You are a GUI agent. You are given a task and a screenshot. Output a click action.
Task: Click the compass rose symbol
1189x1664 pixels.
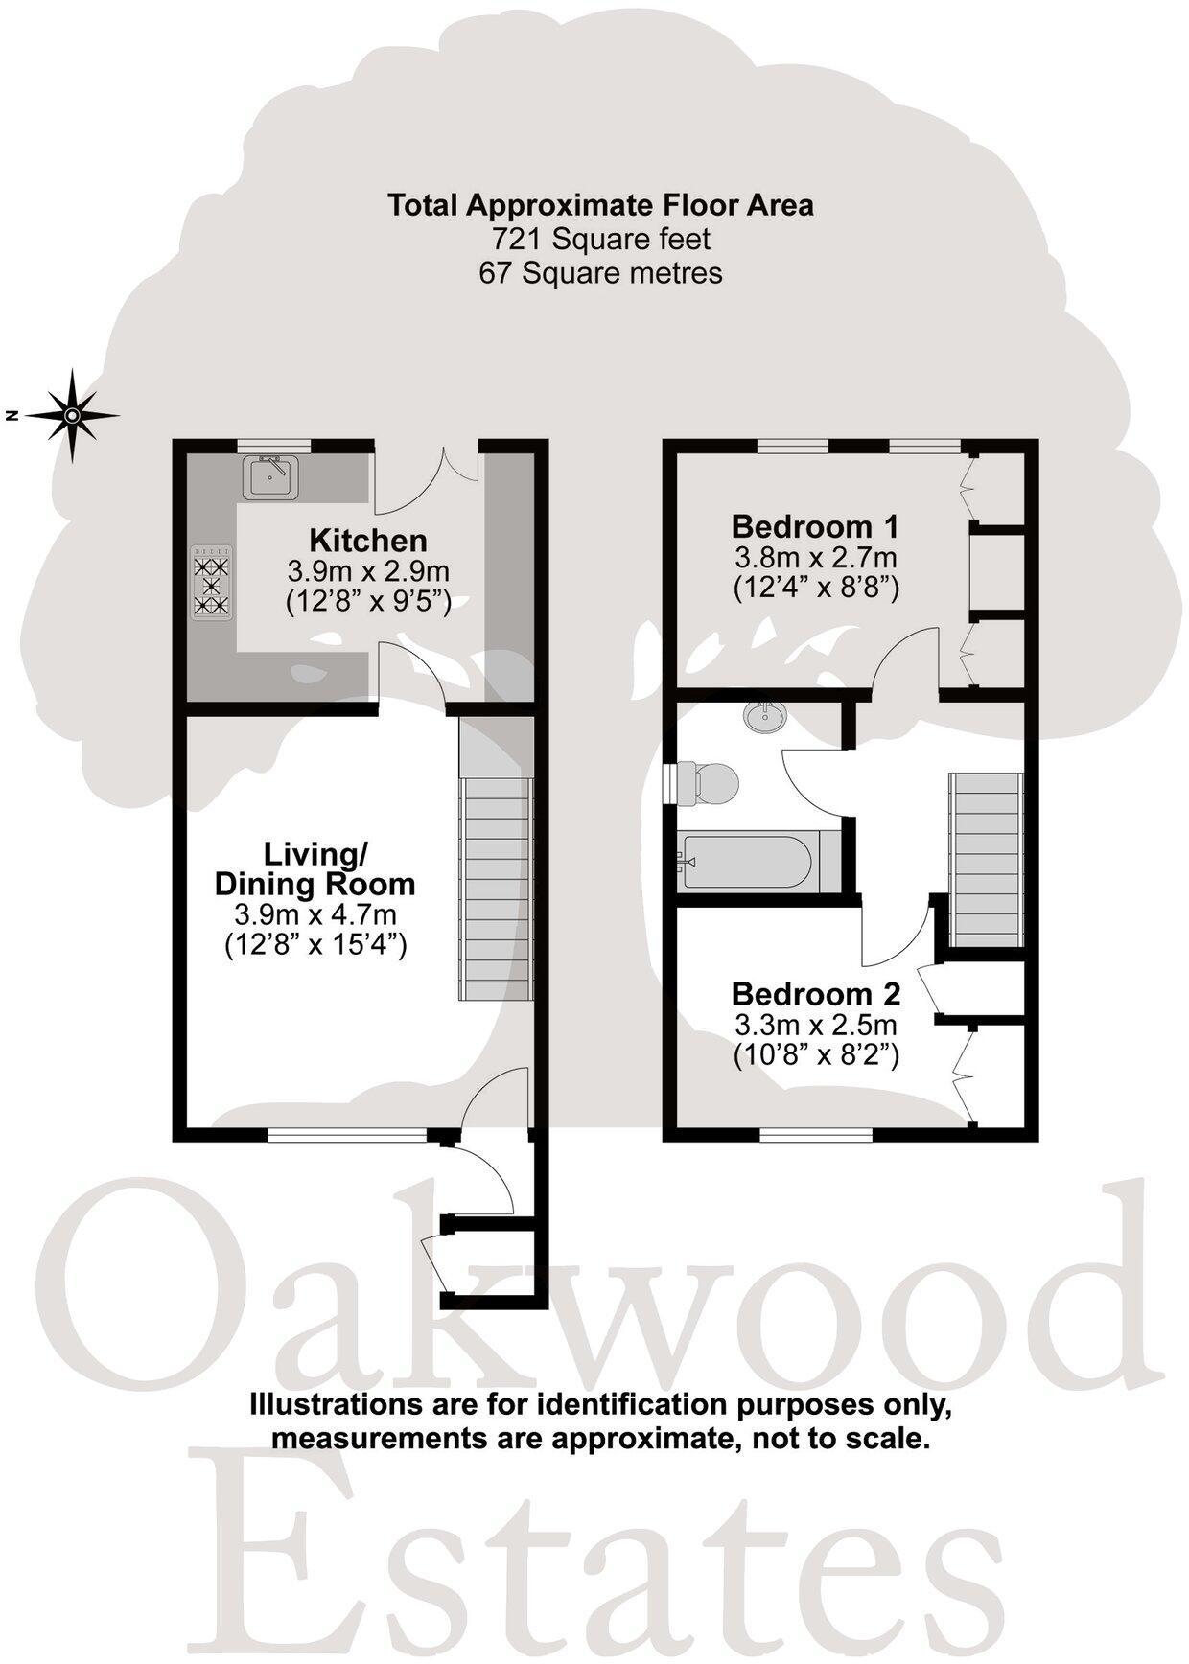pyautogui.click(x=73, y=415)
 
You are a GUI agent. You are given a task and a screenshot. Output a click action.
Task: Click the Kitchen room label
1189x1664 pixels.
pyautogui.click(x=368, y=541)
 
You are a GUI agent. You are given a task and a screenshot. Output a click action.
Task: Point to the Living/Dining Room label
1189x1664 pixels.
pyautogui.click(x=315, y=868)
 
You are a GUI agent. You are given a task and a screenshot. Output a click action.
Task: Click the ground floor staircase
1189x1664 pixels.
pyautogui.click(x=496, y=887)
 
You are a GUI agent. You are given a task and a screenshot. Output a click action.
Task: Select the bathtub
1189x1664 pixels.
pyautogui.click(x=748, y=860)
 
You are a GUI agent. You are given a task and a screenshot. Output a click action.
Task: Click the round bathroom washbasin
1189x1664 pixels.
pyautogui.click(x=764, y=715)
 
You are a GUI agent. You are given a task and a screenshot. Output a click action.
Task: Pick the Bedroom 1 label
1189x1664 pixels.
pyautogui.click(x=815, y=526)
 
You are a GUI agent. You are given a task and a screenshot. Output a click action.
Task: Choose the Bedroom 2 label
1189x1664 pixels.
pyautogui.click(x=815, y=993)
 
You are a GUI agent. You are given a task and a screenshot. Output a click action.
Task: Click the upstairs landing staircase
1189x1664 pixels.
pyautogui.click(x=985, y=858)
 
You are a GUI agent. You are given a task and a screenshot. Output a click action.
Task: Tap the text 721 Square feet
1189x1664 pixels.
pyautogui.click(x=600, y=239)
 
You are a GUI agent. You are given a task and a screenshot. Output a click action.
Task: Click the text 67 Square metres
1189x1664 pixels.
pyautogui.click(x=600, y=273)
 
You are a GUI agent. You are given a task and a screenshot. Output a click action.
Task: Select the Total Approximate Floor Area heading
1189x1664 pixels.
pyautogui.click(x=600, y=205)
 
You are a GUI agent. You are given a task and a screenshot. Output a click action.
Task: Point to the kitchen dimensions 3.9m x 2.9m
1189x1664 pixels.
pyautogui.click(x=368, y=572)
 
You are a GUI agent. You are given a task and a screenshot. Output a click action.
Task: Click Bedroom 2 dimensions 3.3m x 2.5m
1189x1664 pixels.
pyautogui.click(x=815, y=1025)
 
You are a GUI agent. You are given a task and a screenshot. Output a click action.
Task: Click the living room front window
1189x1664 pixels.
pyautogui.click(x=347, y=1134)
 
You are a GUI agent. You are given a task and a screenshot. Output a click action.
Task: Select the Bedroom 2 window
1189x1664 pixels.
pyautogui.click(x=816, y=1134)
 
